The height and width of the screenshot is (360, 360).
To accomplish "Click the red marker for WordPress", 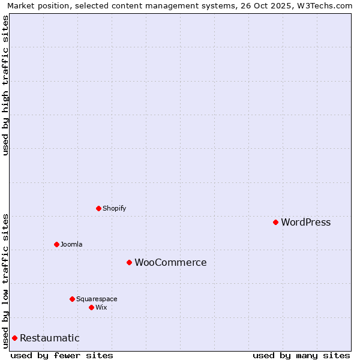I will coord(275,222).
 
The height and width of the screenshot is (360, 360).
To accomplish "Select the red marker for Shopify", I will coord(98,208).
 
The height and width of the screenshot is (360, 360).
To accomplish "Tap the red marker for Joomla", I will coord(56,244).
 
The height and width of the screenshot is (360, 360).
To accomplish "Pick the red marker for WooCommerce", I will coord(129,262).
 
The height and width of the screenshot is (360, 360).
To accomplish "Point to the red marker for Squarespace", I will coord(72,299).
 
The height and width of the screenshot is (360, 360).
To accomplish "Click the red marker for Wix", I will coord(91,307).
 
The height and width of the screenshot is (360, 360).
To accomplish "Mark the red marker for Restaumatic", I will coord(14,338).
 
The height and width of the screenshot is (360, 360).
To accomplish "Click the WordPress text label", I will coord(305,223).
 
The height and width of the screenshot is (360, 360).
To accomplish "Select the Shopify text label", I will coord(114,209).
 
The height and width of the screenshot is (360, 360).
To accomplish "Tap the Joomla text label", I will coord(71,245).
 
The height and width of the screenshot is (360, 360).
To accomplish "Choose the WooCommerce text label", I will coord(170,263).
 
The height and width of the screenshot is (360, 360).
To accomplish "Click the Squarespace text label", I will coord(97,299).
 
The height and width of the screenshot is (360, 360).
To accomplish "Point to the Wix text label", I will coord(101,308).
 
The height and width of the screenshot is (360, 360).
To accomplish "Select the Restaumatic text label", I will coord(49,338).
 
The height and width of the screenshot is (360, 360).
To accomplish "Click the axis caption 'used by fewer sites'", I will coord(62,355).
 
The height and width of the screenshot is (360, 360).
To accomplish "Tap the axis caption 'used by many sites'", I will coord(301,355).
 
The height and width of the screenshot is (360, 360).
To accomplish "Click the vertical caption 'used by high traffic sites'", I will coord(5,85).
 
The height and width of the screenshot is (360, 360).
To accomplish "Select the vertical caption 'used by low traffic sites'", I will coord(5,280).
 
